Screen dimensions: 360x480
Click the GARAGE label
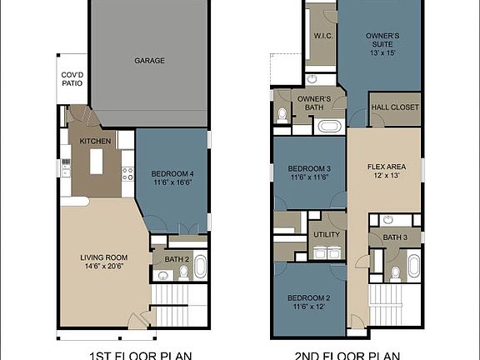tap(149, 60)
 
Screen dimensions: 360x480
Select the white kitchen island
tap(96, 157)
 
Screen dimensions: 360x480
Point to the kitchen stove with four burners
tap(128, 174)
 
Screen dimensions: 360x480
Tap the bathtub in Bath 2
tap(198, 266)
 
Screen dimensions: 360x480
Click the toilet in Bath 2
tap(161, 275)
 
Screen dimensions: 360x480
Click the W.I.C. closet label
tap(323, 36)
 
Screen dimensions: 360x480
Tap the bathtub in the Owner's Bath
tap(328, 127)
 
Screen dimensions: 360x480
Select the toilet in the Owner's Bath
tap(282, 114)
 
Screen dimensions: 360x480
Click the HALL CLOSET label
tap(395, 108)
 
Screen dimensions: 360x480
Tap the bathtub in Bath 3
tap(413, 265)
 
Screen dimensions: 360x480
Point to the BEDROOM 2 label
tap(309, 297)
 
